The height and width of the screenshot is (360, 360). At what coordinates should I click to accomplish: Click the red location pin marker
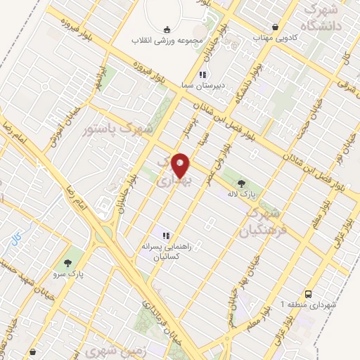coord(181,165)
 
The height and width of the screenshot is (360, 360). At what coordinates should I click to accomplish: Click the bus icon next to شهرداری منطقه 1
coord(309,293)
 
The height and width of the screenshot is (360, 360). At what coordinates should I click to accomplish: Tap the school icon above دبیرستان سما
coord(202,75)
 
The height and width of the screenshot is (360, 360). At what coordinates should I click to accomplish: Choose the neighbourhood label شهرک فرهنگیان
coord(264,221)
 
